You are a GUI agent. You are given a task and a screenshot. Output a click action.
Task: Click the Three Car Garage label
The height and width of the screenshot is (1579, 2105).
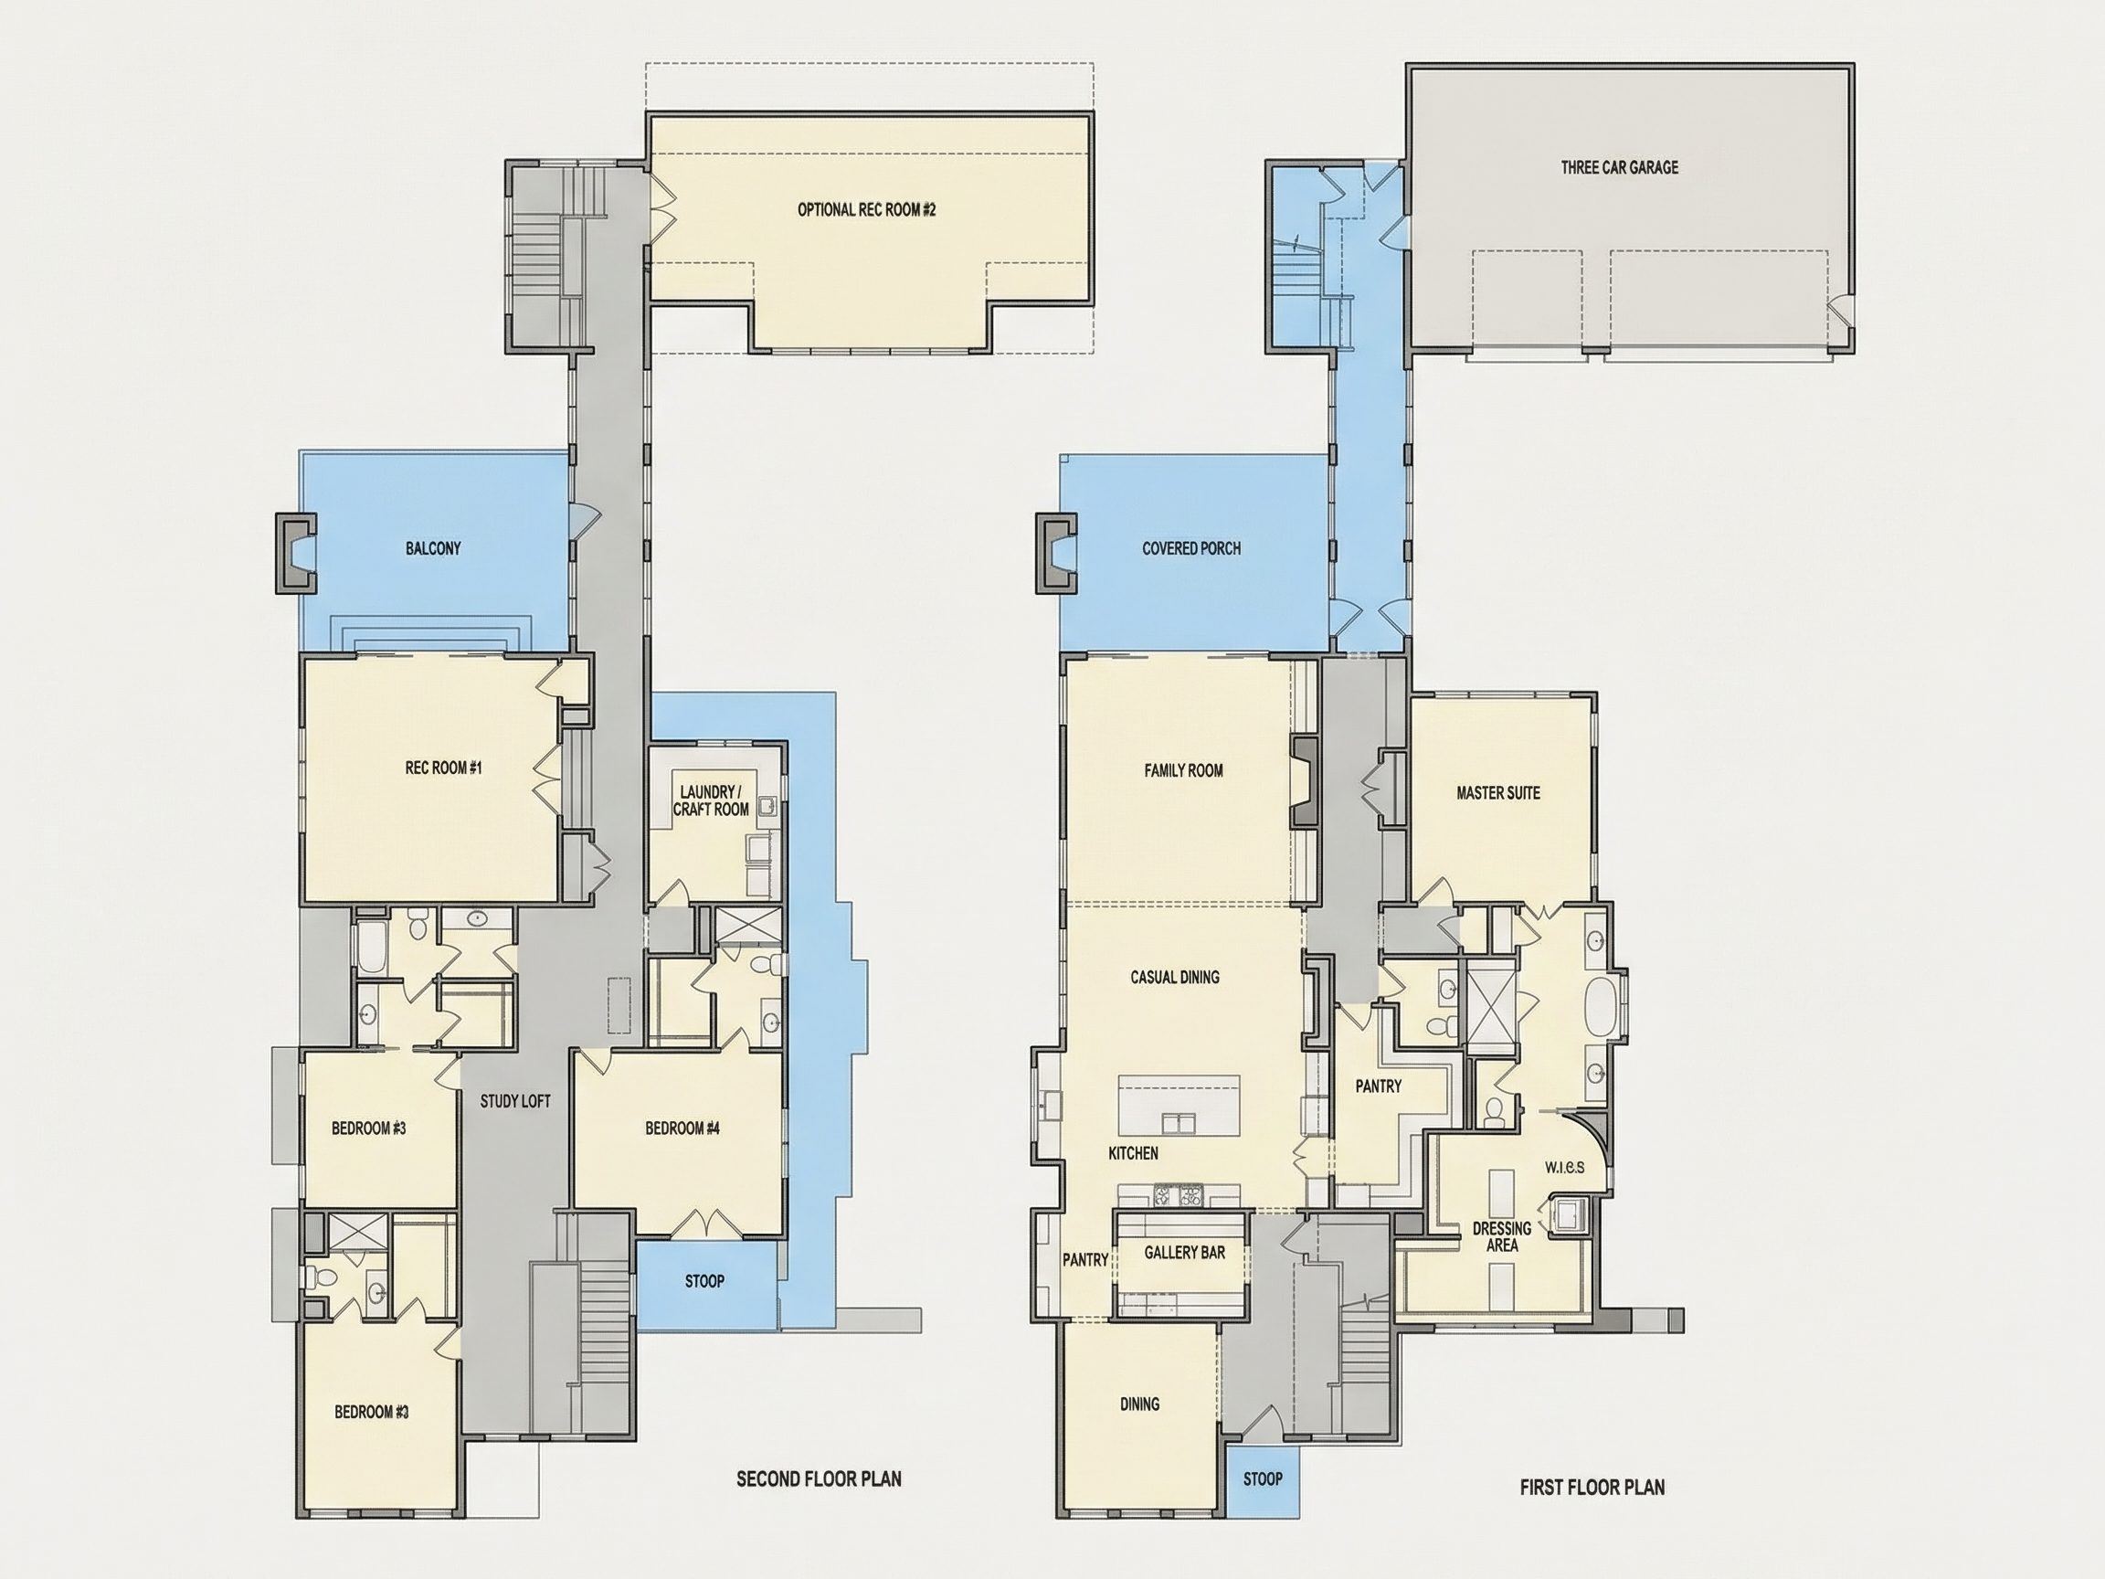point(1619,167)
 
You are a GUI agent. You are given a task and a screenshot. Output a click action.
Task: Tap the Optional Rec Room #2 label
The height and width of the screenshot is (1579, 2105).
point(866,209)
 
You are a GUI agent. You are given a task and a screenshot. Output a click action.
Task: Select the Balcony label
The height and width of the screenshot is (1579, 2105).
point(433,548)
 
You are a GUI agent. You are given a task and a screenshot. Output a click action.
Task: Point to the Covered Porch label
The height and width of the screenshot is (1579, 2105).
point(1191,548)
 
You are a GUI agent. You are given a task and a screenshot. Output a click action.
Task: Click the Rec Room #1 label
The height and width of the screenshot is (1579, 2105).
point(443,768)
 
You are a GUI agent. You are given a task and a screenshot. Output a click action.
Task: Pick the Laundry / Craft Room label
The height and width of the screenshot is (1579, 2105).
point(710,800)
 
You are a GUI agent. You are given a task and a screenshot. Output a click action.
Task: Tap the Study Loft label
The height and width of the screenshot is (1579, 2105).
point(515,1101)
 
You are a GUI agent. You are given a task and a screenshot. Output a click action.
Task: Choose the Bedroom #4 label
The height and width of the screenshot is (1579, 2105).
point(682,1128)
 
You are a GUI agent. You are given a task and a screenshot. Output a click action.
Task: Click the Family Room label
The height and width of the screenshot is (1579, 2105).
point(1183,770)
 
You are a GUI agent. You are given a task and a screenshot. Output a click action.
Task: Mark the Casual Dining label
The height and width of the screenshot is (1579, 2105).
point(1174,977)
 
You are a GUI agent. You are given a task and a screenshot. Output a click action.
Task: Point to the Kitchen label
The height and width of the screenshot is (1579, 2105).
point(1134,1152)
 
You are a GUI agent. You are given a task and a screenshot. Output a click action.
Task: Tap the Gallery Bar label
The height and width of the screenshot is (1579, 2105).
point(1184,1252)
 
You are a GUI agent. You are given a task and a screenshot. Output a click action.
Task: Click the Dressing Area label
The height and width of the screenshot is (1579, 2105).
point(1502,1236)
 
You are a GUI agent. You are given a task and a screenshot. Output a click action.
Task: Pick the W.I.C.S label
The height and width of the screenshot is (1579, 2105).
point(1564,1167)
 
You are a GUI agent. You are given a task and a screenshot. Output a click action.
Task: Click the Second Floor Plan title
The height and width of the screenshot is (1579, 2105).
point(819,1478)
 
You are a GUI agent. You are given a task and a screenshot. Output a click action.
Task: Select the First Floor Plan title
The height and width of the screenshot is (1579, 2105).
point(1592,1487)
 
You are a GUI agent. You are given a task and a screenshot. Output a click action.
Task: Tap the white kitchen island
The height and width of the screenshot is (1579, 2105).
point(1179,1105)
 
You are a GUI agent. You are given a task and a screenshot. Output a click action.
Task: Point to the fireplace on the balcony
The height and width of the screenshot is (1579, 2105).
point(295,553)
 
